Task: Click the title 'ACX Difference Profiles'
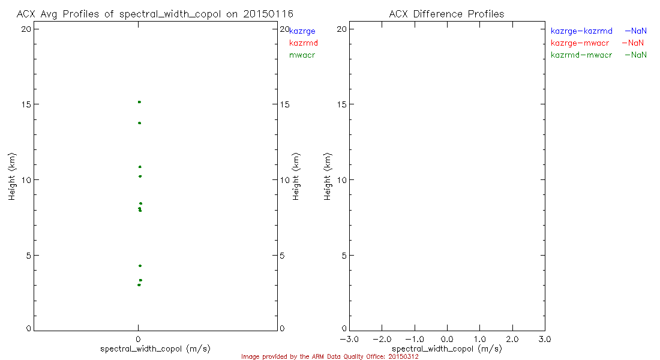(446, 14)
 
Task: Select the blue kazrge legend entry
(302, 31)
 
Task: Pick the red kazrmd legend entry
(303, 43)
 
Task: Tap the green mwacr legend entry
(302, 55)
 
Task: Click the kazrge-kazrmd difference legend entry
(581, 31)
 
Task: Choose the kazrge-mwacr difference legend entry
(581, 43)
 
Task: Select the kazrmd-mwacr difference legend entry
(581, 55)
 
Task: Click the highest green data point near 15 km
(139, 102)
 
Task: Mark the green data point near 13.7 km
(139, 123)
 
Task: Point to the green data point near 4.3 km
(140, 266)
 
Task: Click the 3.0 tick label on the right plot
(544, 340)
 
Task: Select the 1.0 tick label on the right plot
(479, 340)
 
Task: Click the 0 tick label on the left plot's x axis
(139, 340)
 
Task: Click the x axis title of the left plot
(155, 349)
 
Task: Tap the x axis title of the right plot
(446, 349)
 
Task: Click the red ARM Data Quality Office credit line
(329, 356)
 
